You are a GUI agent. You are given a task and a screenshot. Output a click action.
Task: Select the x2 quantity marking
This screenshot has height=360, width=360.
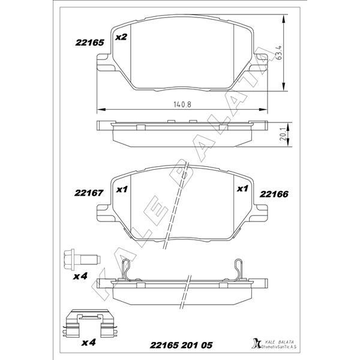(x=121, y=37)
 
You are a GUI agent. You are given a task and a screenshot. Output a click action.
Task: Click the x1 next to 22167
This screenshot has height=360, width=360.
(x=122, y=190)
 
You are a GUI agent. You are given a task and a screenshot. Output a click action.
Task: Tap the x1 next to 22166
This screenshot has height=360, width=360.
(x=242, y=189)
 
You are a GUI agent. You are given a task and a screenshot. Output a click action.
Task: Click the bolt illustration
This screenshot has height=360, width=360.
(x=77, y=260)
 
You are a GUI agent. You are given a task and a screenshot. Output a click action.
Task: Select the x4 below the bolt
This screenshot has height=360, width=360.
(x=81, y=277)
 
